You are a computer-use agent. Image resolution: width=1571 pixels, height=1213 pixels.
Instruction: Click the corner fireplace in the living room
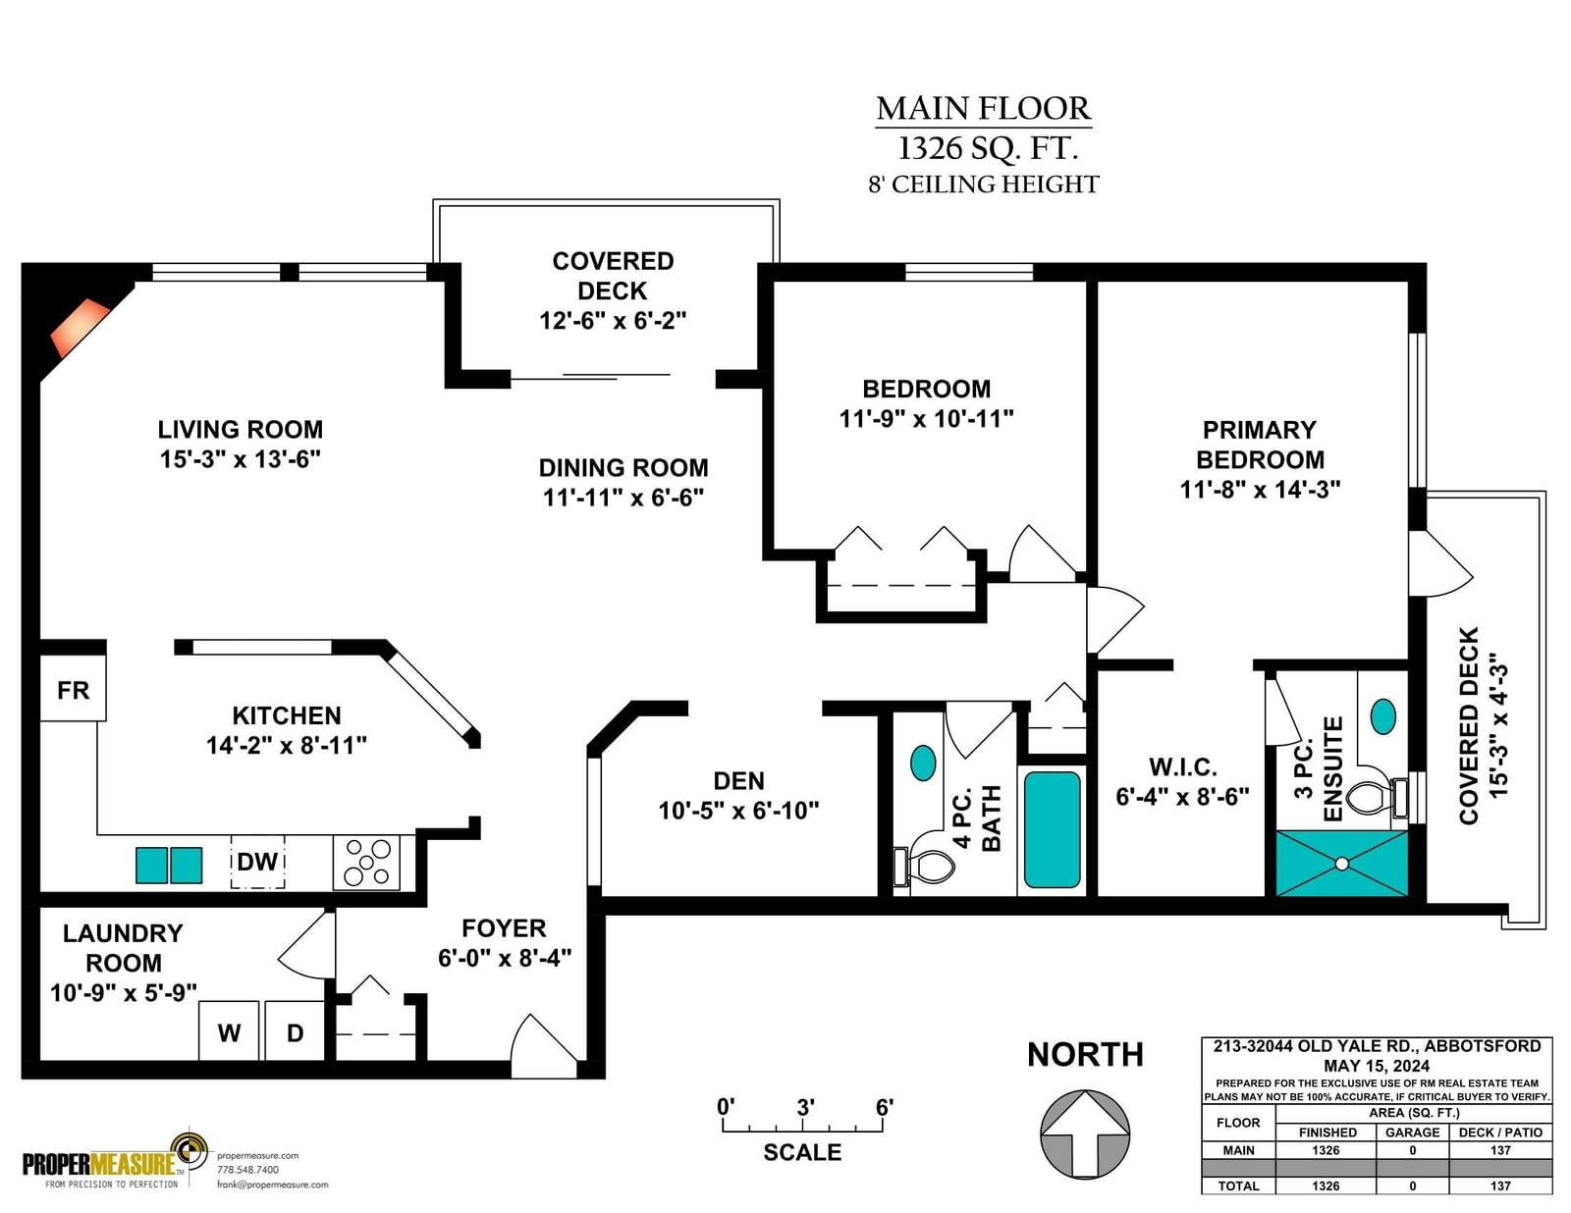click(x=80, y=327)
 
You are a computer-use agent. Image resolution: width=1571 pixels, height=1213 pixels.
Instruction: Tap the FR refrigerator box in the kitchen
click(x=73, y=689)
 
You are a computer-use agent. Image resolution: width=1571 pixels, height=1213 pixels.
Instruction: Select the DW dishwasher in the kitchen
click(x=257, y=862)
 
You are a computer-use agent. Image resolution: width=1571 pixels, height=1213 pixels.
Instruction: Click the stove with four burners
click(x=366, y=863)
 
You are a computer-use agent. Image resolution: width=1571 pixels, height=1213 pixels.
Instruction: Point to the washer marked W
click(x=229, y=1030)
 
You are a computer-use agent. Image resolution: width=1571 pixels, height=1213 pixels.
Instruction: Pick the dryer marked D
click(x=295, y=1030)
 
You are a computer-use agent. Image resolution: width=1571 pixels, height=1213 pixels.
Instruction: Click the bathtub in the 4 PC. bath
click(x=1052, y=830)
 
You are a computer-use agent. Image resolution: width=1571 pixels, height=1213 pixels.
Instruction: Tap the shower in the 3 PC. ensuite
click(x=1342, y=864)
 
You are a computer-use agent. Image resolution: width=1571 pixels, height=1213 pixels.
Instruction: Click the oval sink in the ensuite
click(x=1383, y=716)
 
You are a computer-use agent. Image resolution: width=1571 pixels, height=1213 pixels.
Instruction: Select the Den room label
click(x=738, y=781)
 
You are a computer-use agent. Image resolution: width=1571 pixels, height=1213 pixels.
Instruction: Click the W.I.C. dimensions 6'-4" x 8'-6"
click(x=1183, y=796)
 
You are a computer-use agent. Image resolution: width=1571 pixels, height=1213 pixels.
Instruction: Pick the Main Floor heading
click(x=983, y=108)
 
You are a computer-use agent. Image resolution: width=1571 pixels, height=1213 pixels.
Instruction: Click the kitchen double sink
click(x=169, y=865)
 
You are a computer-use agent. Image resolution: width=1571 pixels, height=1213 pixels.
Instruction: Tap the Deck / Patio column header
click(x=1500, y=1133)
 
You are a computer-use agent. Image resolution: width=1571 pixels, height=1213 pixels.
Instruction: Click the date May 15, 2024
click(x=1377, y=1066)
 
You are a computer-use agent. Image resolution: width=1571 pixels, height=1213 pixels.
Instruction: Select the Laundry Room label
click(x=123, y=948)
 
